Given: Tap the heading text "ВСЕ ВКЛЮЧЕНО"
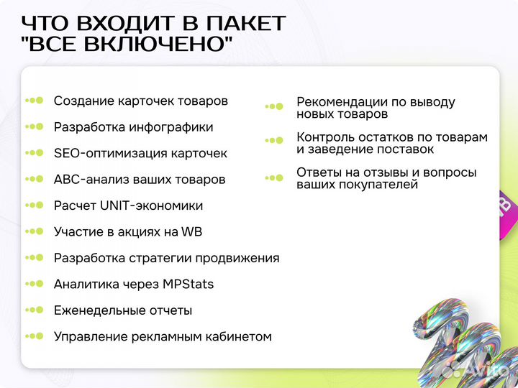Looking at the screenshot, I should pyautogui.click(x=127, y=45).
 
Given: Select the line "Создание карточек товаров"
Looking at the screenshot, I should pyautogui.click(x=140, y=101).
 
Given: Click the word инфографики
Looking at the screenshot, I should pyautogui.click(x=171, y=127).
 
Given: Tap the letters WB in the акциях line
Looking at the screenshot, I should pyautogui.click(x=192, y=231).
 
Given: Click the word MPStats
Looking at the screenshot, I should pyautogui.click(x=189, y=284).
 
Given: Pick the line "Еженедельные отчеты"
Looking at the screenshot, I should pyautogui.click(x=122, y=310).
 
